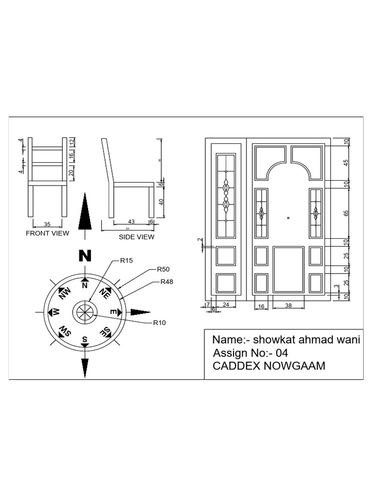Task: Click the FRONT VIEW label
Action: pyautogui.click(x=47, y=233)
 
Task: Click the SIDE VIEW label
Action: pyautogui.click(x=137, y=237)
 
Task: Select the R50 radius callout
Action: pyautogui.click(x=163, y=268)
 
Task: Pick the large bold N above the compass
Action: pyautogui.click(x=85, y=256)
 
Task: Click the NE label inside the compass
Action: pyautogui.click(x=105, y=293)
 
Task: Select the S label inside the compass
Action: pyautogui.click(x=85, y=339)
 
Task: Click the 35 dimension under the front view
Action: pyautogui.click(x=47, y=224)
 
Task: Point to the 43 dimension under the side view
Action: pyautogui.click(x=131, y=221)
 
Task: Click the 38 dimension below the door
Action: pyautogui.click(x=289, y=307)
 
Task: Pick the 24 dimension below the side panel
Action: pyautogui.click(x=226, y=304)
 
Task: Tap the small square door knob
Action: pyautogui.click(x=288, y=218)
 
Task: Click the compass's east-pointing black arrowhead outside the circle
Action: pyautogui.click(x=141, y=311)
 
